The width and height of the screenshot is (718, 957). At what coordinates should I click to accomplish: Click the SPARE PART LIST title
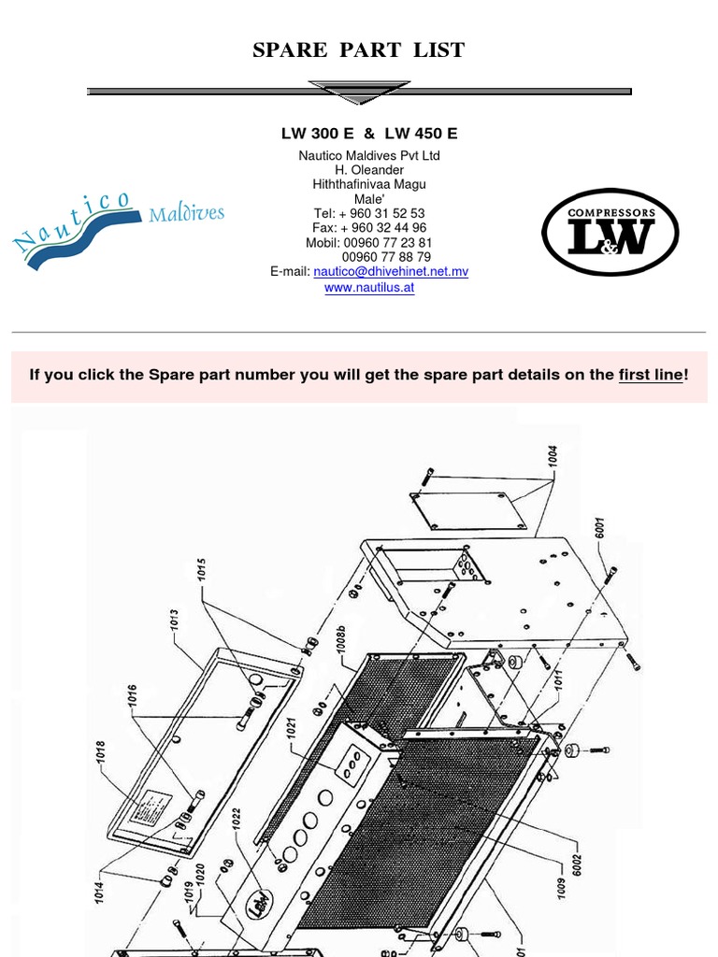(359, 50)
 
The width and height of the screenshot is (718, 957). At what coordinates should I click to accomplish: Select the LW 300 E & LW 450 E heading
(363, 134)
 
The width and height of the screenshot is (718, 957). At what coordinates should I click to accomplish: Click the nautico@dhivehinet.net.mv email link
(391, 272)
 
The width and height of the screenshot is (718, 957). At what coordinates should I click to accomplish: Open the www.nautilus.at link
(369, 288)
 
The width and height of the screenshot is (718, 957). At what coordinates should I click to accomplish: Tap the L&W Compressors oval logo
(611, 234)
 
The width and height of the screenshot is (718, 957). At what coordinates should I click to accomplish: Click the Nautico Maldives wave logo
(117, 229)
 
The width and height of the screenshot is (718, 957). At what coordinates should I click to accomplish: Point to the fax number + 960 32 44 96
(369, 228)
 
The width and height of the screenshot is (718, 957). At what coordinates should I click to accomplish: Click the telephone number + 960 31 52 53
(369, 213)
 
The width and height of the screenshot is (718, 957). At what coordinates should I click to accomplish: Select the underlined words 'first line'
(651, 376)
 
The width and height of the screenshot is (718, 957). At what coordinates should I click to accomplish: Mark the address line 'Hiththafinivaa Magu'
(369, 184)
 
